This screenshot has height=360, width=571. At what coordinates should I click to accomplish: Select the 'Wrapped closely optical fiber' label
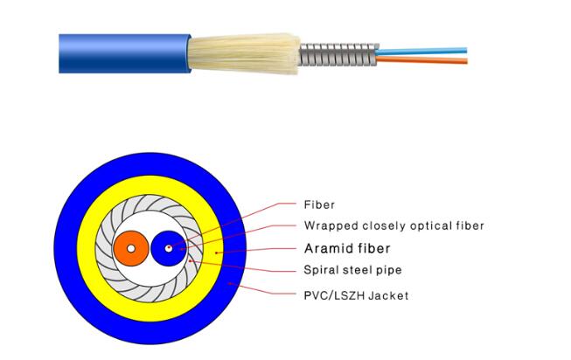pos(393,226)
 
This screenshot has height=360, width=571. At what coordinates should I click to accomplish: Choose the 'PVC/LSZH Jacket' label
pos(356,295)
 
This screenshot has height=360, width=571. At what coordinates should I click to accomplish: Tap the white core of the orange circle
pos(130,249)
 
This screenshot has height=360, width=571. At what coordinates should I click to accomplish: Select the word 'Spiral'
pos(321,271)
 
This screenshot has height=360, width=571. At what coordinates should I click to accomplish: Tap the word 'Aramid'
pos(325,248)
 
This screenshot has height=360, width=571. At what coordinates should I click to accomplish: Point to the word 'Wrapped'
pos(328,226)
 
